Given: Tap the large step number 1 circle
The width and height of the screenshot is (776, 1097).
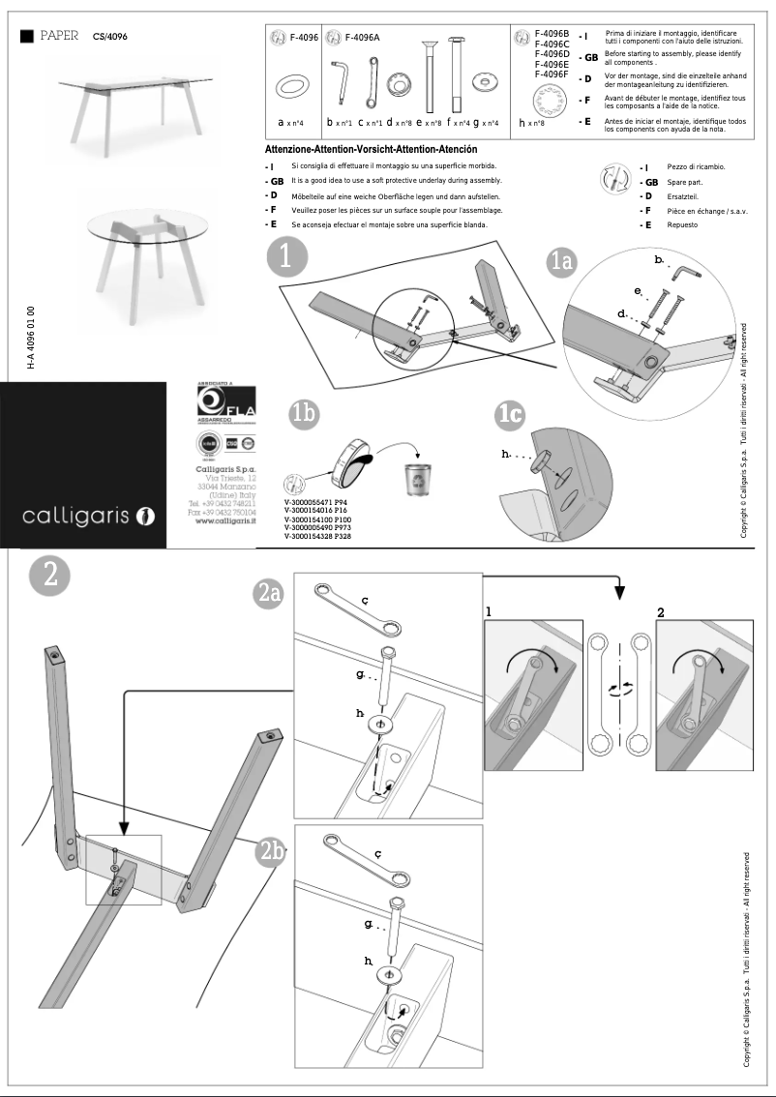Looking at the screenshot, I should pos(285,256).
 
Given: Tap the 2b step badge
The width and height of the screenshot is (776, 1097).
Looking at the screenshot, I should pos(271,851).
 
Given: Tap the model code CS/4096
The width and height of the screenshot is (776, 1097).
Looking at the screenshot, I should pos(110,36).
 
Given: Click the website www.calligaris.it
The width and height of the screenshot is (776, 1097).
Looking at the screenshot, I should pos(225,520).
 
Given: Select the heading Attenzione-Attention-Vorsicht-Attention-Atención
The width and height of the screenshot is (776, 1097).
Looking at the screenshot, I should pos(371,150).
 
